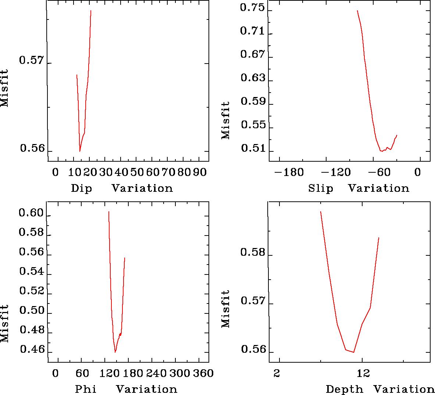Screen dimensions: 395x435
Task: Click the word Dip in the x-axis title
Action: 81,188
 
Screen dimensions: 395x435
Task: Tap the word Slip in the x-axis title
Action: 321,188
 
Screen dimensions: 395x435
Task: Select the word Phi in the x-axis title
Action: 86,389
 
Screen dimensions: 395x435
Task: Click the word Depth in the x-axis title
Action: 344,389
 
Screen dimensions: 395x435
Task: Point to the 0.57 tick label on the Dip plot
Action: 31,61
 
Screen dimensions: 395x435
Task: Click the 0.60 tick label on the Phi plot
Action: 31,213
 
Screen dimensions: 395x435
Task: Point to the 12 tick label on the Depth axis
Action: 363,373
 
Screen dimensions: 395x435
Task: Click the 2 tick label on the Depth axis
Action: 277,373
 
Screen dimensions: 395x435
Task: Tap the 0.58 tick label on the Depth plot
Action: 252,252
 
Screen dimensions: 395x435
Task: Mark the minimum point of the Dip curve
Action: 80,151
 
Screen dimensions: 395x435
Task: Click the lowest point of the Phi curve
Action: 115,352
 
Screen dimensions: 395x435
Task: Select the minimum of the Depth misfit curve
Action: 353,352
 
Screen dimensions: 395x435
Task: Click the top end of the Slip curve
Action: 357,11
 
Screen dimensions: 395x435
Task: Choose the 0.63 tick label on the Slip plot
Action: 252,78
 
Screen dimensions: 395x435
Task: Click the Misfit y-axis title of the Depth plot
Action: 225,309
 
